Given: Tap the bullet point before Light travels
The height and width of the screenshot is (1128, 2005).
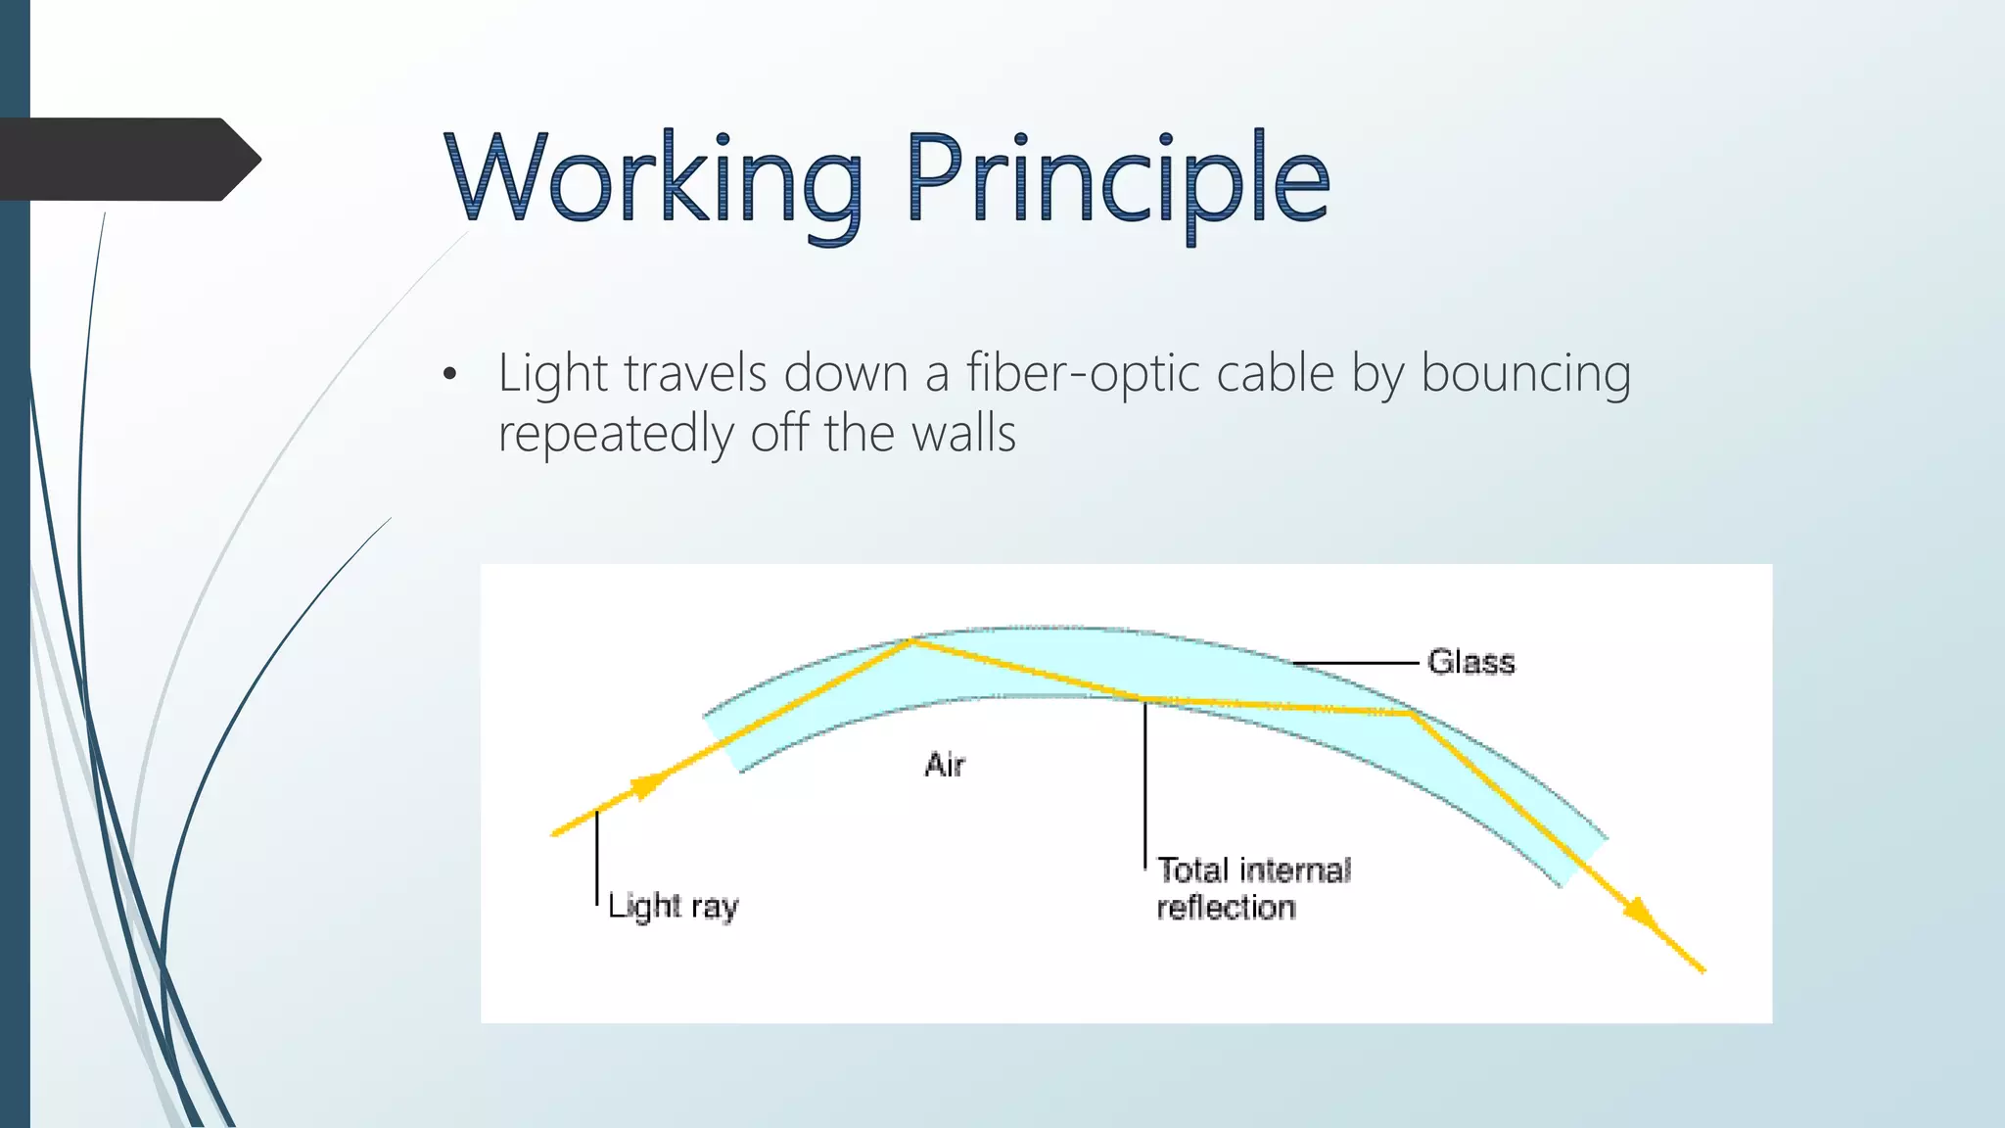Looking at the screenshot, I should click(x=449, y=375).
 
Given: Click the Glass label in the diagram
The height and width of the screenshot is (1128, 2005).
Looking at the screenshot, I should click(x=1470, y=662).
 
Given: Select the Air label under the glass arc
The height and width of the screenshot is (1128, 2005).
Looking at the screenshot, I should click(x=945, y=765).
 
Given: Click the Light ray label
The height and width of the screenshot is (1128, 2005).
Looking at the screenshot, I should click(x=674, y=906).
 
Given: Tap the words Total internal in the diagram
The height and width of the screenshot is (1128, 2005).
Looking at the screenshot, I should click(x=1253, y=869).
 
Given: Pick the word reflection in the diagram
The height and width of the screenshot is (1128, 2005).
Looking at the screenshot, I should click(x=1226, y=908).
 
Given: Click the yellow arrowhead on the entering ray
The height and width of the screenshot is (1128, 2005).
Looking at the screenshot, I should click(x=647, y=785).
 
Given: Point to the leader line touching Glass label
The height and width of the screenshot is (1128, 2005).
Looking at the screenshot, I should click(x=1356, y=663).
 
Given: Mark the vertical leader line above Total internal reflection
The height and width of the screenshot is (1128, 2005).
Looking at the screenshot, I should click(x=1144, y=783).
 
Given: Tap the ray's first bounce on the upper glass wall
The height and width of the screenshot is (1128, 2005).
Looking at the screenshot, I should click(x=912, y=640).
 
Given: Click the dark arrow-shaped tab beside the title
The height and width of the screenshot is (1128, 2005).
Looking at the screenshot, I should click(x=127, y=160).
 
